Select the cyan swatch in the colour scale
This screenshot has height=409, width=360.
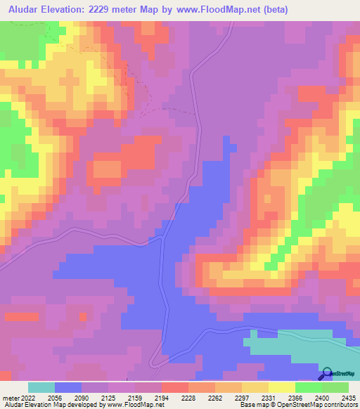(41, 387)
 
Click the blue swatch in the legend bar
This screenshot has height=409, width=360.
(68, 387)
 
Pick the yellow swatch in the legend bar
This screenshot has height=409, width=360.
(281, 387)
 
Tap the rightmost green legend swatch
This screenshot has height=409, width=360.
(335, 387)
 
